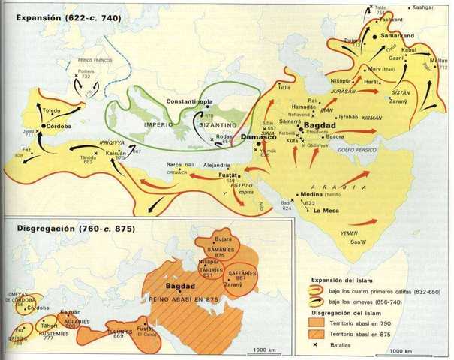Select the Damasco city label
[260, 139]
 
